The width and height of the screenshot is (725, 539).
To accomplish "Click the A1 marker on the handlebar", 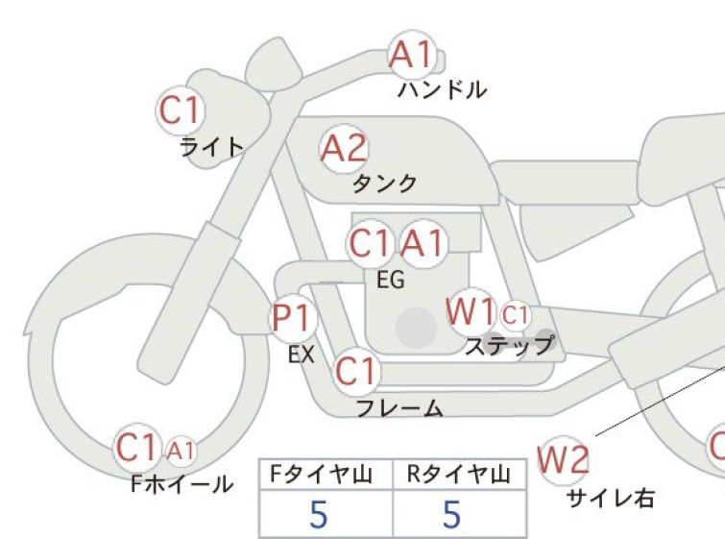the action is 413,55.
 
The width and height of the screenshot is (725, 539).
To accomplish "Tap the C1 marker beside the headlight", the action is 181,110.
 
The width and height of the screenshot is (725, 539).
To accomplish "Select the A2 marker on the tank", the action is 344,149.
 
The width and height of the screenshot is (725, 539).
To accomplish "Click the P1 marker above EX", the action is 292,318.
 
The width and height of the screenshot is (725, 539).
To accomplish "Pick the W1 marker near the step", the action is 471,311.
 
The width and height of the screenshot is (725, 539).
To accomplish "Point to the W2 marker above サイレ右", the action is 564,460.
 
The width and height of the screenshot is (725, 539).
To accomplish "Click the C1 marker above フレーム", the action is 356,371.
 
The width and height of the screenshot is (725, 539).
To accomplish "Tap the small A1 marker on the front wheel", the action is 181,450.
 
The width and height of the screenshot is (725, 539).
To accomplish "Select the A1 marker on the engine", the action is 423,243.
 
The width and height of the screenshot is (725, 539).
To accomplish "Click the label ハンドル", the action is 442,89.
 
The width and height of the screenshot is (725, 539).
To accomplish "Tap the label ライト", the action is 211,147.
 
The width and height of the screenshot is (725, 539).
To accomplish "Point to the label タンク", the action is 385,184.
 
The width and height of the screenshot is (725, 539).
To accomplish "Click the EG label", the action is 391,280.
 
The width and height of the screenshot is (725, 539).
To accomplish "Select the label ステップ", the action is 510,346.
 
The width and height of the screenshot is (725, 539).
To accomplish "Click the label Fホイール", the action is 181,484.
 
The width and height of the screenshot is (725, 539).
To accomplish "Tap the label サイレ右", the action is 611,499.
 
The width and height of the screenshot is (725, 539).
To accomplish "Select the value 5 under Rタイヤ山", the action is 452,514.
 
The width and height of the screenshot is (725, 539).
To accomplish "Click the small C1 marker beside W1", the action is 515,315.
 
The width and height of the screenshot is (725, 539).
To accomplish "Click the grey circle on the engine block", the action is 417,328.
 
